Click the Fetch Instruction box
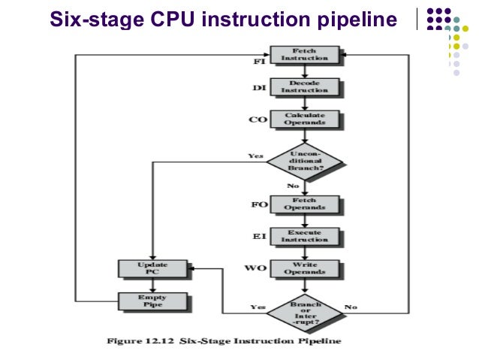[x=304, y=54]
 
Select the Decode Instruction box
[x=304, y=86]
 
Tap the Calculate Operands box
[x=304, y=119]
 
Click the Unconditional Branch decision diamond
[x=304, y=162]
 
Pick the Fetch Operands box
[x=304, y=204]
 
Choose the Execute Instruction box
[x=304, y=236]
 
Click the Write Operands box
[x=304, y=268]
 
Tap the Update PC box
[x=153, y=268]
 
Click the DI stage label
[x=258, y=88]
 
